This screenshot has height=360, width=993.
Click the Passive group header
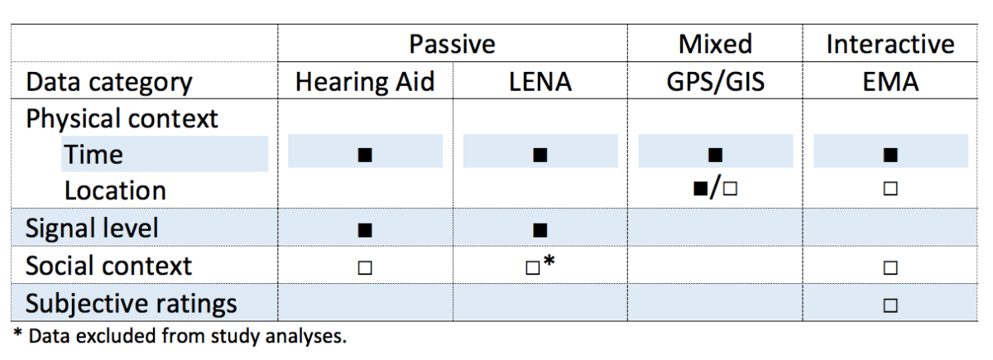click(x=452, y=44)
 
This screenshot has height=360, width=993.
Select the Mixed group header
click(x=715, y=44)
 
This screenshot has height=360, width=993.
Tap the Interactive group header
click(x=890, y=44)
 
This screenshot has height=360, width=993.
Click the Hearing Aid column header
click(x=364, y=82)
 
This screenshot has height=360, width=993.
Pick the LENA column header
click(x=540, y=82)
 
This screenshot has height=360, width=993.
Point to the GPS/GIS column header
click(x=715, y=82)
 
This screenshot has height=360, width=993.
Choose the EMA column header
click(x=890, y=82)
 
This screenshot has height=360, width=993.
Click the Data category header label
click(x=109, y=83)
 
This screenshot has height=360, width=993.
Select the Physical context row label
click(x=122, y=118)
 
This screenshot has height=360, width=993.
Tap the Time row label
click(x=94, y=154)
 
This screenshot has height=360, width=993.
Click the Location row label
click(x=115, y=190)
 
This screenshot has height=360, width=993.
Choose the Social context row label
click(x=108, y=266)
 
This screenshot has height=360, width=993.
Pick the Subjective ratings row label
click(x=132, y=303)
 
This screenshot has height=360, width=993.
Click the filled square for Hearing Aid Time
click(x=364, y=155)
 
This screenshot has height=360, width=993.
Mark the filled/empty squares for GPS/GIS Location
click(x=716, y=190)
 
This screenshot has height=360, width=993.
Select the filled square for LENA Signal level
click(x=540, y=229)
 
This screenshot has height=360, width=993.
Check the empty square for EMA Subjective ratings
click(x=890, y=304)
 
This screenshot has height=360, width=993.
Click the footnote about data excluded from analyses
click(x=179, y=337)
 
